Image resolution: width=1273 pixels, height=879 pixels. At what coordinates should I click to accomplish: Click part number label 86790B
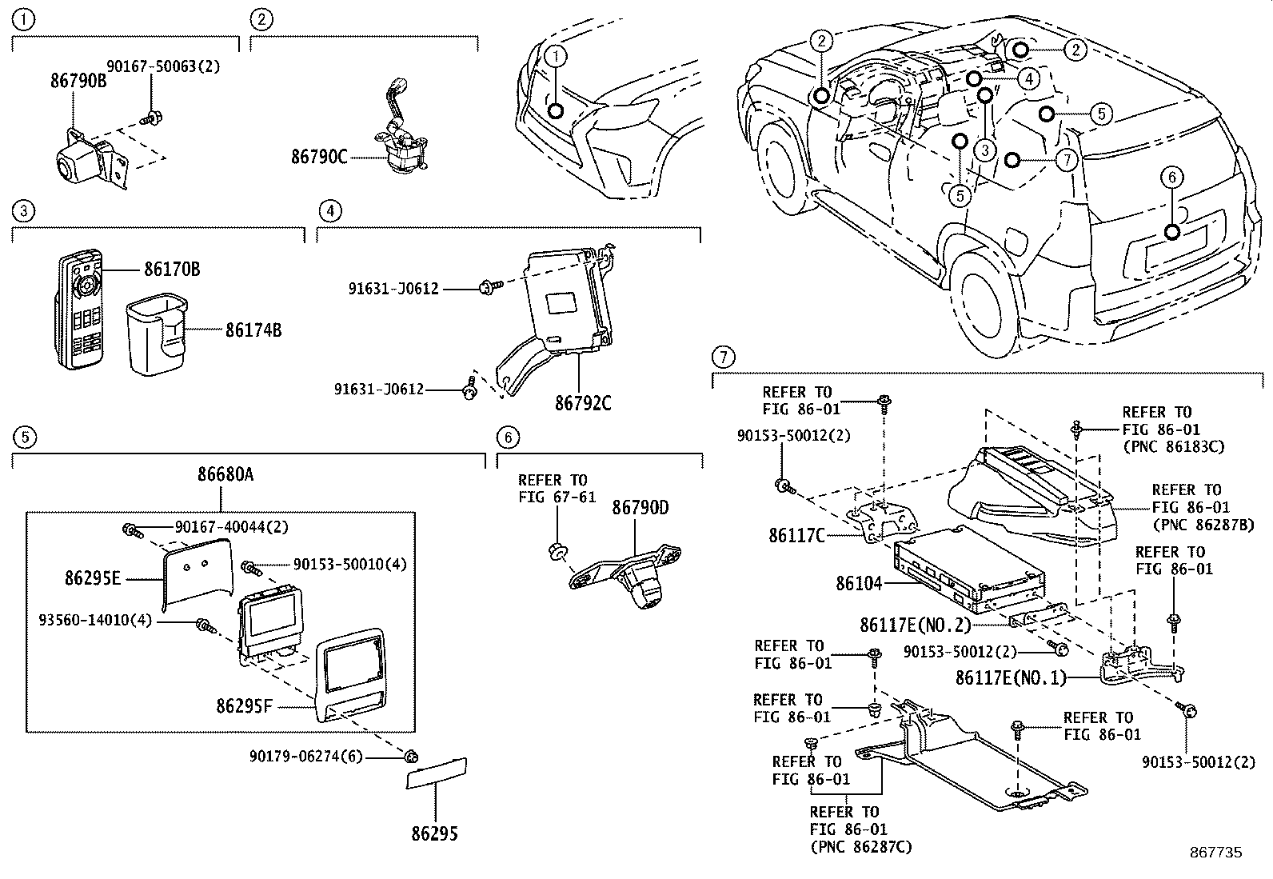78,82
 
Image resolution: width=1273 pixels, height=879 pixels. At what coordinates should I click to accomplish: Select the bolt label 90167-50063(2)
164,66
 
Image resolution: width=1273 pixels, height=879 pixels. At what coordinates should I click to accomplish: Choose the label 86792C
583,403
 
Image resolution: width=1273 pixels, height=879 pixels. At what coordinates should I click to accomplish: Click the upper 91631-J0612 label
393,289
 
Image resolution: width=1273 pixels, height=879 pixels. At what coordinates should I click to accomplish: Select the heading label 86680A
225,474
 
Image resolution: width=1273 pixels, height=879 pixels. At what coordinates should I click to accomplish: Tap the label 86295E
93,577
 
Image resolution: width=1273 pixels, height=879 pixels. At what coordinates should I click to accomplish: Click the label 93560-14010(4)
94,620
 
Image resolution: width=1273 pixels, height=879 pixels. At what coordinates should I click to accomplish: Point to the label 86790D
640,508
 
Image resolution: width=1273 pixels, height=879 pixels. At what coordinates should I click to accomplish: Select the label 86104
859,584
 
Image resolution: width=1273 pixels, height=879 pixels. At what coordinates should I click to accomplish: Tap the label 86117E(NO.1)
1011,678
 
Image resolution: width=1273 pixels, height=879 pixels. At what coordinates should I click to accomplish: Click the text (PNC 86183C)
1173,447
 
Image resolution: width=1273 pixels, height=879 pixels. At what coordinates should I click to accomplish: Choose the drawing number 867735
1215,853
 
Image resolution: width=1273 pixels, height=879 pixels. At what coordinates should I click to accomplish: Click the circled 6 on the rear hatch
1171,178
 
